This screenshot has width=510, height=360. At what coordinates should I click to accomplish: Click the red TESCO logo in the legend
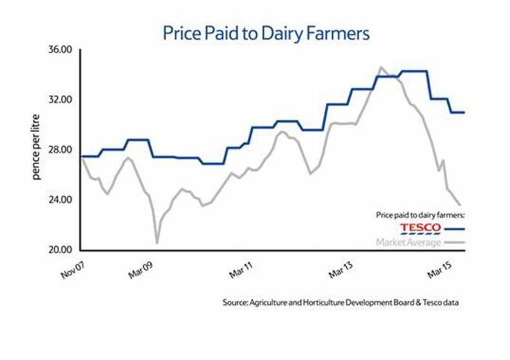point(420,228)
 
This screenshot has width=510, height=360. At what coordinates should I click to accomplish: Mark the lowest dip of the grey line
point(157,243)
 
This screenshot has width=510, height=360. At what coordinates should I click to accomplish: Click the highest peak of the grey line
point(381,66)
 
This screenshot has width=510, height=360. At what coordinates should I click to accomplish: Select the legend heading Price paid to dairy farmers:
point(420,214)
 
